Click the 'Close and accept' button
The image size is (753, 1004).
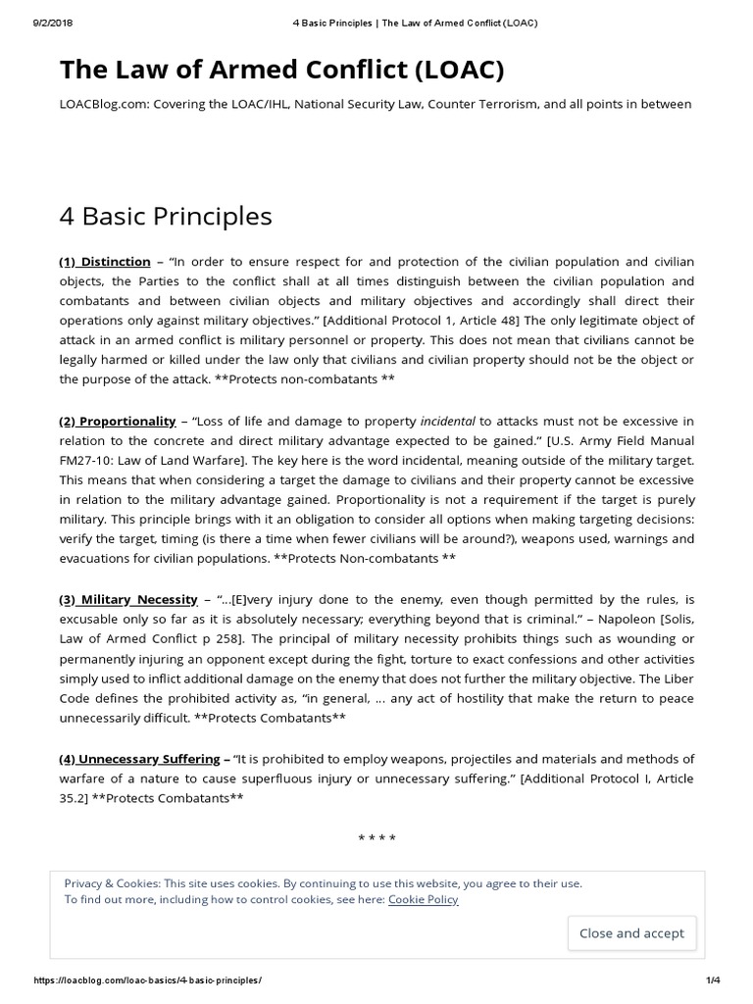click(631, 932)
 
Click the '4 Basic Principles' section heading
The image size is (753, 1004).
click(166, 216)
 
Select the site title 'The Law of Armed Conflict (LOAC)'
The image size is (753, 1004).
click(282, 70)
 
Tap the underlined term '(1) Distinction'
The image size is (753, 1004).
click(105, 262)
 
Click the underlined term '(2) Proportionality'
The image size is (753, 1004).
click(118, 421)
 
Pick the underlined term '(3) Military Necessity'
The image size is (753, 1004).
click(127, 599)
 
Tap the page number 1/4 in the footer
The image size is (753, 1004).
click(713, 980)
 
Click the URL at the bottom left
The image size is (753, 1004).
click(148, 980)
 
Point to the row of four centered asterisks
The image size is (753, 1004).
click(376, 838)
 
